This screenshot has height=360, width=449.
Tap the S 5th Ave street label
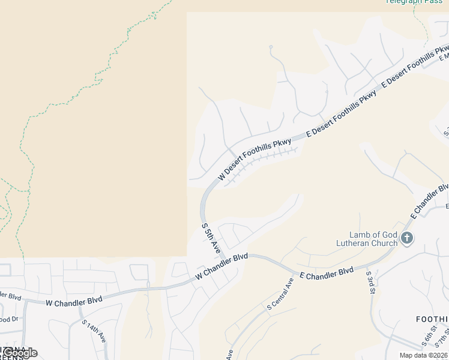[212, 238]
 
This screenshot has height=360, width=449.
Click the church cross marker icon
[406, 239]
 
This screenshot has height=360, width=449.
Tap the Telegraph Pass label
[414, 2]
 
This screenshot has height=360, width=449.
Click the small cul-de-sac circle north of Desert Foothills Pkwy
[271, 47]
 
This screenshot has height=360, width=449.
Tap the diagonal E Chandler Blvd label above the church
[429, 201]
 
